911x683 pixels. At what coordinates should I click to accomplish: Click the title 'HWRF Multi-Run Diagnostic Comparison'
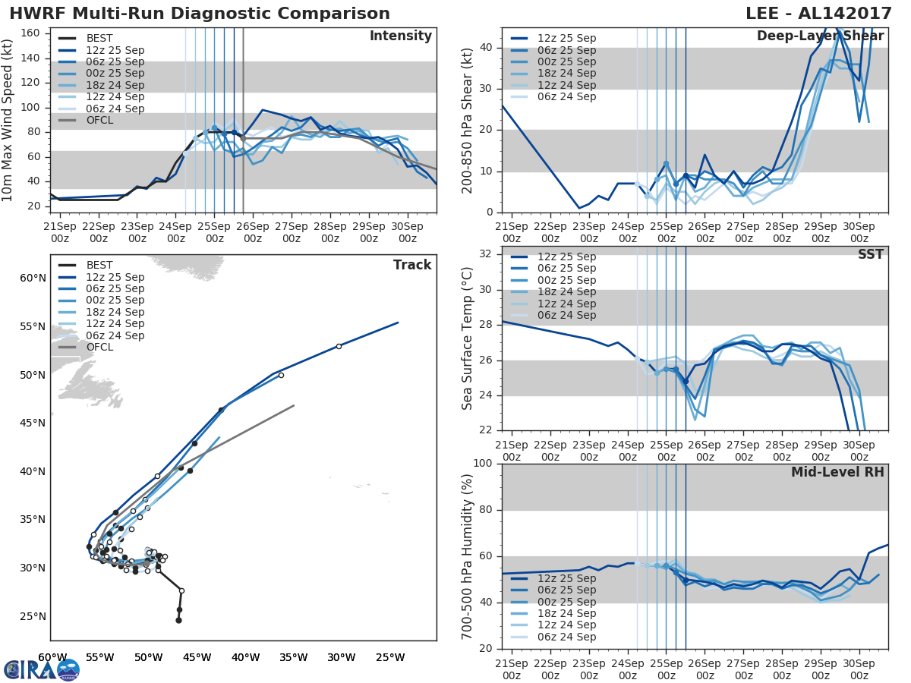tap(200, 14)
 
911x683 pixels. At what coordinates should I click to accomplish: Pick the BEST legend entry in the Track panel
tap(99, 265)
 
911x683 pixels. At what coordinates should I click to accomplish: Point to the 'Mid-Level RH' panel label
tap(837, 472)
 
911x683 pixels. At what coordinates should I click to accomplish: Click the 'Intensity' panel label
tap(400, 36)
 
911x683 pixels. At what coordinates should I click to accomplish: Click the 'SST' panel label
tap(870, 255)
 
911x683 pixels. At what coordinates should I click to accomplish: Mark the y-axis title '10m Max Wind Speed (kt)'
tap(8, 121)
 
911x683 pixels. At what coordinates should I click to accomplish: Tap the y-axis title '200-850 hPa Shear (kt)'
tap(468, 121)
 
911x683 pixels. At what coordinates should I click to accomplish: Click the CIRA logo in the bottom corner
tap(42, 669)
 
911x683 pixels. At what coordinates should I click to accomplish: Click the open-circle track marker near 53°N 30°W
tap(339, 346)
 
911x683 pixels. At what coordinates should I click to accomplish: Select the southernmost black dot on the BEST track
tap(178, 620)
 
